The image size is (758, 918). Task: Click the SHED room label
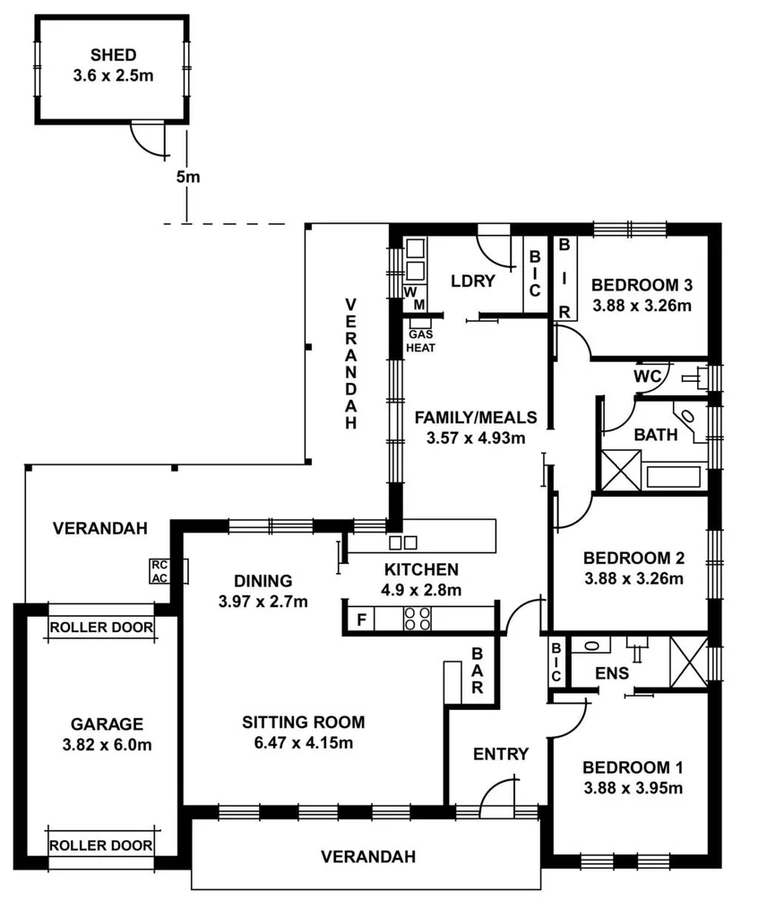tap(113, 55)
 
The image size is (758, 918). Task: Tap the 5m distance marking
tap(187, 177)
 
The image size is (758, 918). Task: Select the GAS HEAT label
tap(421, 341)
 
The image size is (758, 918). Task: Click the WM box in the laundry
tap(415, 299)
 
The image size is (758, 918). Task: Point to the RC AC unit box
tap(160, 571)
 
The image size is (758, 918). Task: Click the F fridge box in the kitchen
tap(361, 619)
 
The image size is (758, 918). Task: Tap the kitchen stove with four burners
tap(418, 619)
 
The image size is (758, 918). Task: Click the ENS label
tap(611, 672)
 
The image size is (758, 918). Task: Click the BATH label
tap(656, 435)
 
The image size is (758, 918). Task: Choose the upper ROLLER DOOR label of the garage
tap(100, 627)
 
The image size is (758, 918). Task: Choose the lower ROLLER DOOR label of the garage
tap(100, 844)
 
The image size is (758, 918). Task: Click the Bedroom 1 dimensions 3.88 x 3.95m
tap(633, 789)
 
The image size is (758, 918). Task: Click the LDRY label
tap(473, 281)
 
